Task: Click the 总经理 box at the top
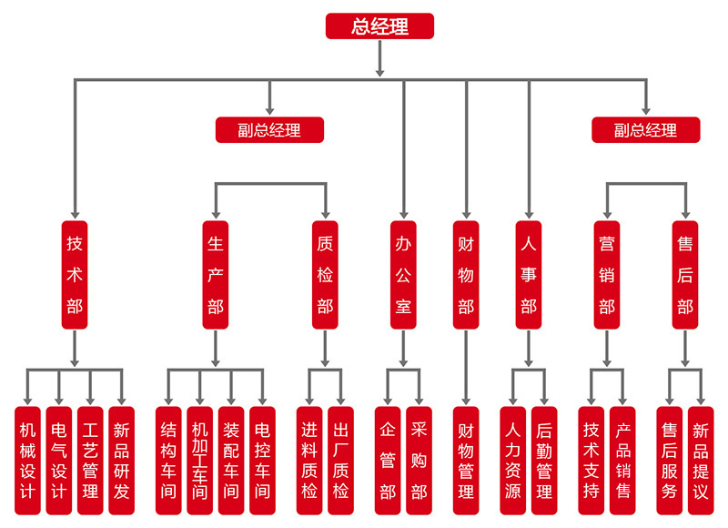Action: click(x=379, y=26)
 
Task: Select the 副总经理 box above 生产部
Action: click(x=269, y=130)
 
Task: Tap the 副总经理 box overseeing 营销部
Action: click(x=646, y=130)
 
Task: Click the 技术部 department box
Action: click(x=75, y=274)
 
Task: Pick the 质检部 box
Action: click(x=325, y=274)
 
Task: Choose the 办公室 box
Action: click(x=403, y=274)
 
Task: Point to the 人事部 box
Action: click(x=529, y=274)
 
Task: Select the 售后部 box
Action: click(x=685, y=274)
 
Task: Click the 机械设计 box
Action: click(x=27, y=460)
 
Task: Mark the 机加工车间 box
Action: click(x=199, y=460)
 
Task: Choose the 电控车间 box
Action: click(x=262, y=460)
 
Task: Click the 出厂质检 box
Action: click(x=340, y=460)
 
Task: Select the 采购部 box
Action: click(x=419, y=460)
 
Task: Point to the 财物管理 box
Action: click(x=466, y=460)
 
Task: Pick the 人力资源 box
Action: click(x=512, y=460)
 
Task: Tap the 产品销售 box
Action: click(x=622, y=460)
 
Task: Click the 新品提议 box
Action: click(x=701, y=460)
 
